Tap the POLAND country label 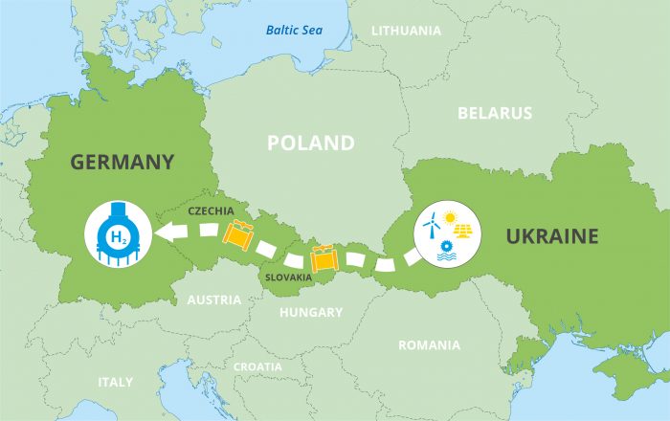click(x=310, y=144)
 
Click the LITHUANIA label click(x=406, y=31)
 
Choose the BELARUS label click(x=494, y=113)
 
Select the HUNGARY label click(x=310, y=313)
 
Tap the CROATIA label click(x=257, y=366)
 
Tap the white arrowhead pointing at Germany click(x=169, y=231)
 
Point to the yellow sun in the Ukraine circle click(x=449, y=219)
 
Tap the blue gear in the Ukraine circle click(x=441, y=247)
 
